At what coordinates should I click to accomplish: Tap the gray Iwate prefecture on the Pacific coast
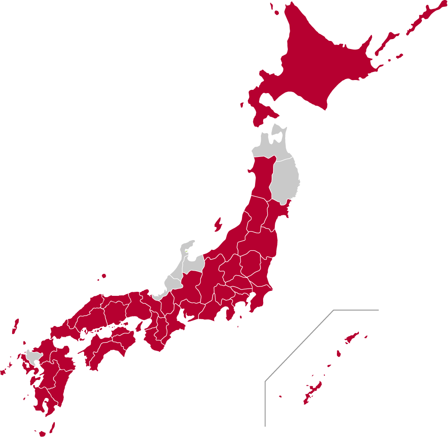click(x=286, y=180)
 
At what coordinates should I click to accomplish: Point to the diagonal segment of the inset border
click(x=299, y=346)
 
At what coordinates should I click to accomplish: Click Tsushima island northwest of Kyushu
click(x=15, y=326)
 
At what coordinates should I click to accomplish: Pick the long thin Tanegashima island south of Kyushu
click(x=52, y=427)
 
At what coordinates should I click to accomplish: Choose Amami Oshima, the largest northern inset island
click(x=352, y=337)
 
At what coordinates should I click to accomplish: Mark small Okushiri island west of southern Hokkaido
click(x=242, y=105)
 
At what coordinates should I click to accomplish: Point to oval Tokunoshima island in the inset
click(x=339, y=354)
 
